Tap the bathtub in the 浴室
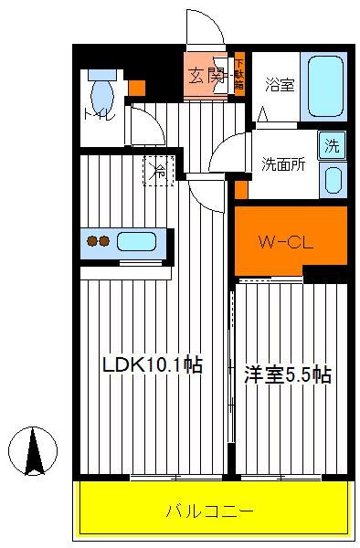pos(325,87)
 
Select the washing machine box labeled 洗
pos(332,145)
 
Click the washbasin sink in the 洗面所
pos(333,180)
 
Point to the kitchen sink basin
pos(136,241)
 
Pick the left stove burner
pos(92,241)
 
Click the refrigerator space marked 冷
pos(159,171)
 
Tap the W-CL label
pos(286,242)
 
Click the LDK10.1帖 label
pos(153,364)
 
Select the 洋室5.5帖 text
pos(287,374)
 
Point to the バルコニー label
pos(209,511)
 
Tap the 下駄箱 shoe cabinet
pos(239,75)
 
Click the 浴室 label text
pos(280,85)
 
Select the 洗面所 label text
pos(283,164)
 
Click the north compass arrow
pos(33,451)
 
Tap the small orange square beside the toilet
pos(137,88)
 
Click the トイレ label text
pos(99,115)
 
